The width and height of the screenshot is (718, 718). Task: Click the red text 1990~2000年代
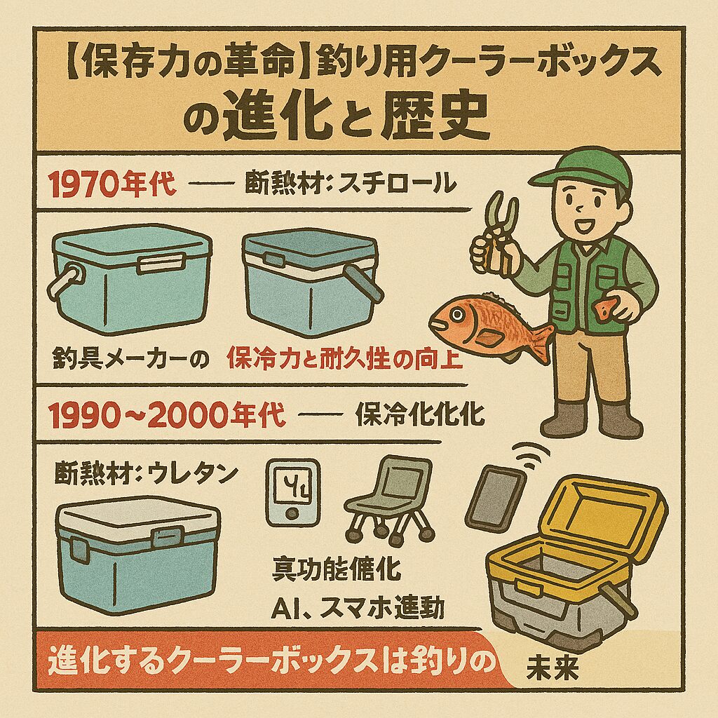169,416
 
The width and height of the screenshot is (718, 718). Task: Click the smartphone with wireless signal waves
495,496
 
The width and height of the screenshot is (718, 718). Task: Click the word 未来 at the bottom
552,670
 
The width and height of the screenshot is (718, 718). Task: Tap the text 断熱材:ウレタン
143,474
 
